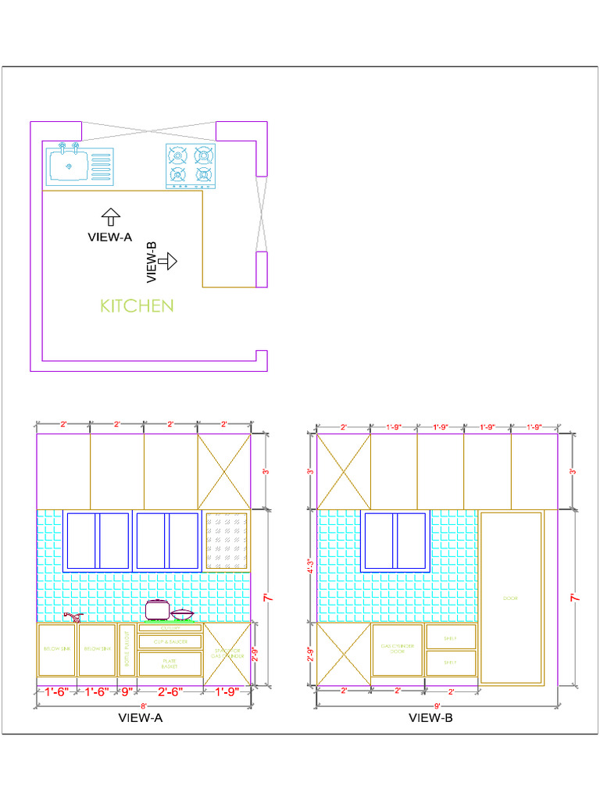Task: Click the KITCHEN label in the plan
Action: point(137,305)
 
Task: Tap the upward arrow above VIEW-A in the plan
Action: point(110,216)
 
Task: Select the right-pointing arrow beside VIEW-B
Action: point(167,260)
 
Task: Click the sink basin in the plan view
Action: point(69,165)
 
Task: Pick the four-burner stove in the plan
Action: point(191,166)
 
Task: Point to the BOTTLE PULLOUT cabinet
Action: point(127,649)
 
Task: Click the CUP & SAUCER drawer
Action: point(170,641)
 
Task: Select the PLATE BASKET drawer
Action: point(170,663)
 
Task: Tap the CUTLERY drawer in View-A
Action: point(170,627)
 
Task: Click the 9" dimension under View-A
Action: point(126,691)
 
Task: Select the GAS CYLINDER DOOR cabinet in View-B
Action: point(397,648)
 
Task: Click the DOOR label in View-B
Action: point(511,598)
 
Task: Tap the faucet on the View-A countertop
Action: point(72,617)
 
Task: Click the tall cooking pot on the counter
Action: point(157,609)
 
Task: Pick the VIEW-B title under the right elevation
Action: point(430,718)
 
